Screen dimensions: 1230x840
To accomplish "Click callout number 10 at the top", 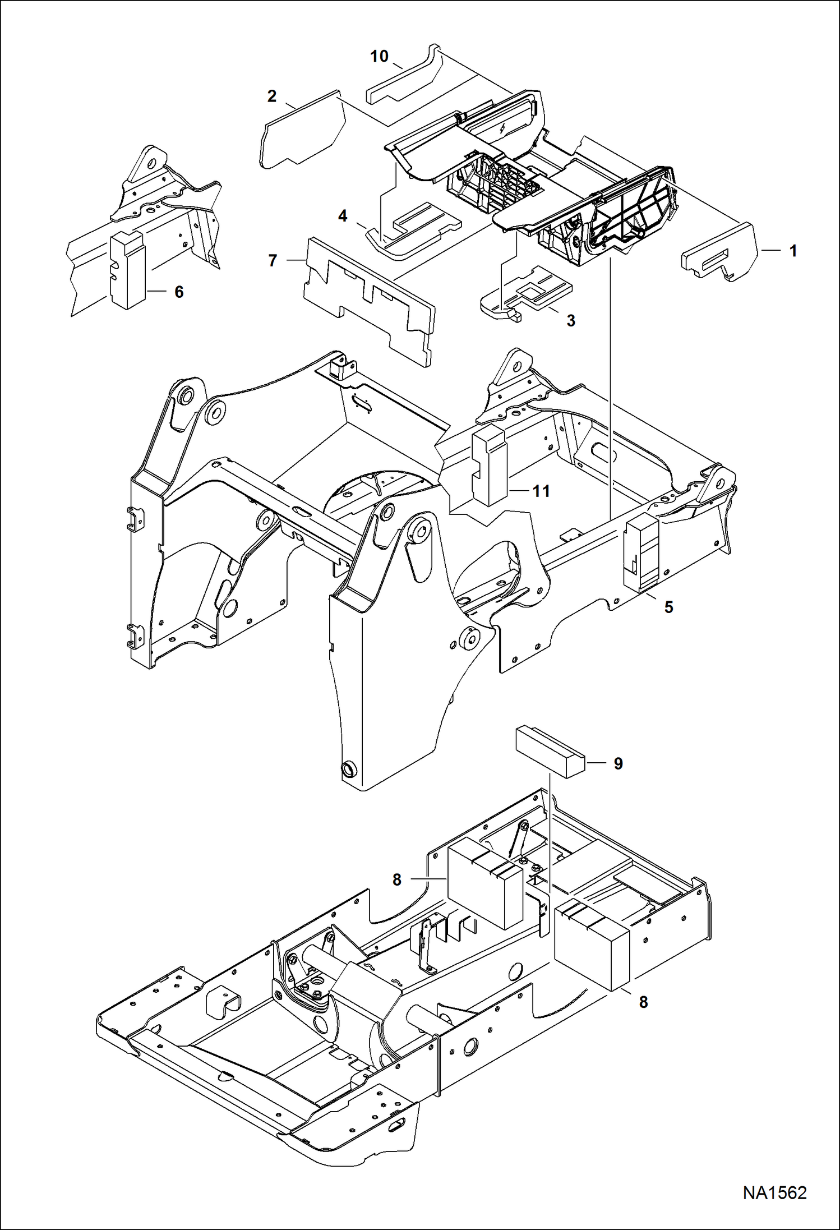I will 380,57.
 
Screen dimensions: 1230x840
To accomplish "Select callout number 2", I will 272,96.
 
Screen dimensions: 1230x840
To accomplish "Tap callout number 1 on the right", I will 793,251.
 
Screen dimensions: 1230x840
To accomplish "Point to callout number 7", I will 273,261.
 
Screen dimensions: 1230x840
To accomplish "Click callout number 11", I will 541,491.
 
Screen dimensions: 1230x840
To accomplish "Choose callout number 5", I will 668,607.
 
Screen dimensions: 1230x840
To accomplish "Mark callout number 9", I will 618,763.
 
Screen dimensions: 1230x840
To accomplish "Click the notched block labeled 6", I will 128,272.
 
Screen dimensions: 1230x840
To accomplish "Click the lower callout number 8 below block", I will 643,1002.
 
